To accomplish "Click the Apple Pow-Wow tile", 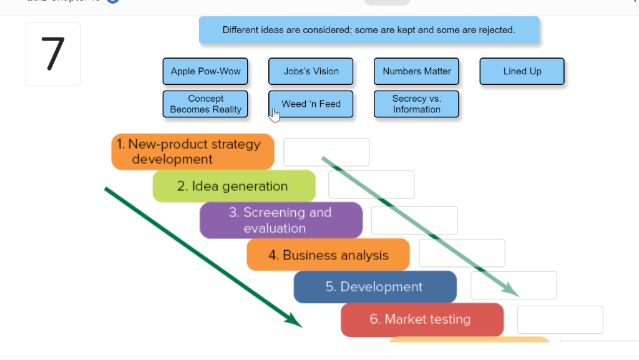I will click(x=205, y=71).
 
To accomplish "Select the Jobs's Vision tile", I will click(x=311, y=71).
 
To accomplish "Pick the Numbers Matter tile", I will click(x=416, y=71).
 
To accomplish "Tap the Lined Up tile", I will click(x=522, y=71).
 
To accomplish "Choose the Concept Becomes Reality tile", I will click(x=205, y=104).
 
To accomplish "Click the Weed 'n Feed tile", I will click(x=311, y=104).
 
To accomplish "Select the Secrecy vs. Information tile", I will click(x=416, y=104).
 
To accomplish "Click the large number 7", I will click(x=52, y=54).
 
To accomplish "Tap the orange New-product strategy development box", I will click(x=193, y=152).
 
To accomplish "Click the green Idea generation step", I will click(x=234, y=186).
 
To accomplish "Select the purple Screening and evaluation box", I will click(x=281, y=220).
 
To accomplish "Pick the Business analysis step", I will click(x=328, y=255).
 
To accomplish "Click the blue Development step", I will click(x=375, y=287).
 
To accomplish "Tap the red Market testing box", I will click(x=422, y=319).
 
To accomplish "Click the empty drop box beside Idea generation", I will click(x=371, y=185).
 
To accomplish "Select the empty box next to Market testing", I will click(x=560, y=319).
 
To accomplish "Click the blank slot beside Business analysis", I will click(x=462, y=253).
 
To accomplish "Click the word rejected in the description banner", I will click(x=497, y=30).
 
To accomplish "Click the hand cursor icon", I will click(x=275, y=115).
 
